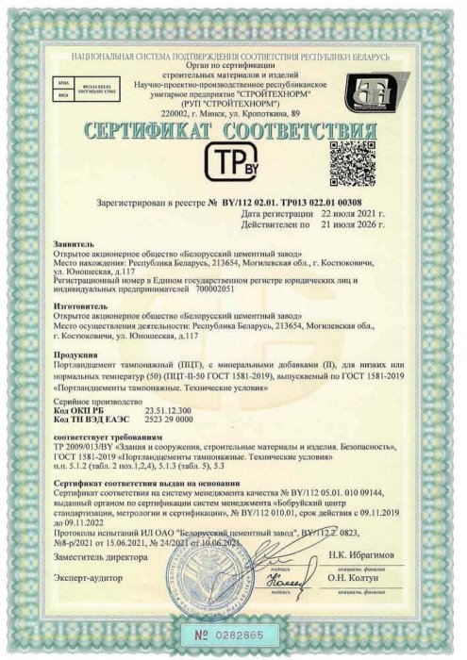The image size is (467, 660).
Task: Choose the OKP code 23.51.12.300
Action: click(x=167, y=409)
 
